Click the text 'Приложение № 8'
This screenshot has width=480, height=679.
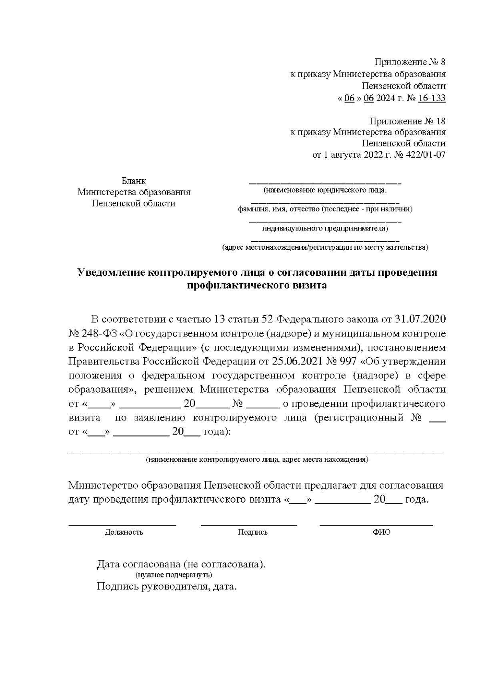click(x=410, y=62)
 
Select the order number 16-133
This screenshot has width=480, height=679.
click(x=431, y=98)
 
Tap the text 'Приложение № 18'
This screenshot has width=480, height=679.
click(x=407, y=121)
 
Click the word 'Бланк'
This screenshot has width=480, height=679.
click(x=134, y=181)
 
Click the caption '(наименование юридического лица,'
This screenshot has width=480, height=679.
click(x=325, y=190)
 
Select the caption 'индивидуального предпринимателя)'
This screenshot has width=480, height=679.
click(x=325, y=228)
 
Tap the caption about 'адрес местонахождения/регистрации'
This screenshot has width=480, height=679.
click(x=325, y=248)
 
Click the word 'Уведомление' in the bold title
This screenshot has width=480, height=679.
click(x=111, y=272)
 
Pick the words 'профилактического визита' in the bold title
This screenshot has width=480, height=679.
click(x=257, y=285)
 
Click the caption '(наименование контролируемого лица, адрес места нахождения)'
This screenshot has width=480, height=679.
click(x=257, y=459)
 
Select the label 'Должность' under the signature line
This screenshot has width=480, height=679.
click(x=124, y=532)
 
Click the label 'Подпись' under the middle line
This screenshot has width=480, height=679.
click(x=252, y=532)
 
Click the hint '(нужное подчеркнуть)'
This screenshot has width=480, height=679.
click(x=174, y=575)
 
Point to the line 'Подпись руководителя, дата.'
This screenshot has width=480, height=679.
click(x=167, y=587)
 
